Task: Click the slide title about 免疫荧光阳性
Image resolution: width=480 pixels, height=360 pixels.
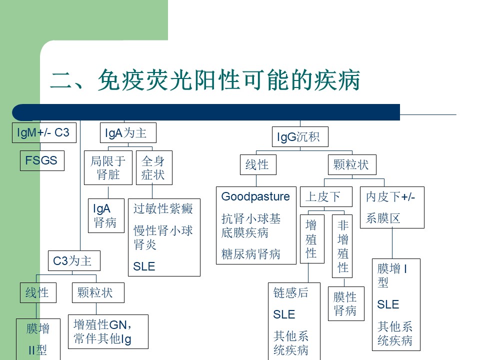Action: pyautogui.click(x=205, y=80)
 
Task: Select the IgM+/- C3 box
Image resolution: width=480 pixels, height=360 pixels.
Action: pyautogui.click(x=44, y=133)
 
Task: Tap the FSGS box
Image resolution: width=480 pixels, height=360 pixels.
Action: pyautogui.click(x=42, y=160)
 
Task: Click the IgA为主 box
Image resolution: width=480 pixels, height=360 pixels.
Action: pyautogui.click(x=128, y=133)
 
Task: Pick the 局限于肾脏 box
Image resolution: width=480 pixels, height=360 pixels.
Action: pyautogui.click(x=108, y=168)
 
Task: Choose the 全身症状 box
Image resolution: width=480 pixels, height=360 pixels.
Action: pyautogui.click(x=154, y=168)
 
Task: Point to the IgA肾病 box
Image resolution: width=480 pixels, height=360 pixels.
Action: pyautogui.click(x=106, y=216)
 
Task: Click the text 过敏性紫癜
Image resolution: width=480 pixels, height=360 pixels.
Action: pyautogui.click(x=163, y=209)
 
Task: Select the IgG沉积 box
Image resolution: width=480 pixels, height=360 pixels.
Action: pyautogui.click(x=300, y=137)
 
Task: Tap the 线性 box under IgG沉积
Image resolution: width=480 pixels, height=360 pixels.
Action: pyautogui.click(x=258, y=164)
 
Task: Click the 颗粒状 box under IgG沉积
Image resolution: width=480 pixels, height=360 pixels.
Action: pyautogui.click(x=352, y=164)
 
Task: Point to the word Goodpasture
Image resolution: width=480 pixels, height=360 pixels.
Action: pyautogui.click(x=255, y=196)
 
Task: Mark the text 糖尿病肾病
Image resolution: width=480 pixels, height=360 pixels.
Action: pyautogui.click(x=250, y=254)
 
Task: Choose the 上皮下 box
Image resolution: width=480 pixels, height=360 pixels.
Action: pyautogui.click(x=326, y=196)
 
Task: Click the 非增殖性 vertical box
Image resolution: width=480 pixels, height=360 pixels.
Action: pyautogui.click(x=342, y=246)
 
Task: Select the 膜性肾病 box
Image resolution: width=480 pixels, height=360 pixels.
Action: pyautogui.click(x=346, y=303)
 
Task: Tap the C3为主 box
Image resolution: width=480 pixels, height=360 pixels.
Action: pyautogui.click(x=74, y=261)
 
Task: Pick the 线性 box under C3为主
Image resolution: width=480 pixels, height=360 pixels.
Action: pyautogui.click(x=38, y=292)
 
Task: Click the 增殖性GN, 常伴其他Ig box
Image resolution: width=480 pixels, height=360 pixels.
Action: pyautogui.click(x=108, y=332)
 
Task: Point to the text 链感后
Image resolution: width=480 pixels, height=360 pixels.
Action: pyautogui.click(x=291, y=293)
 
